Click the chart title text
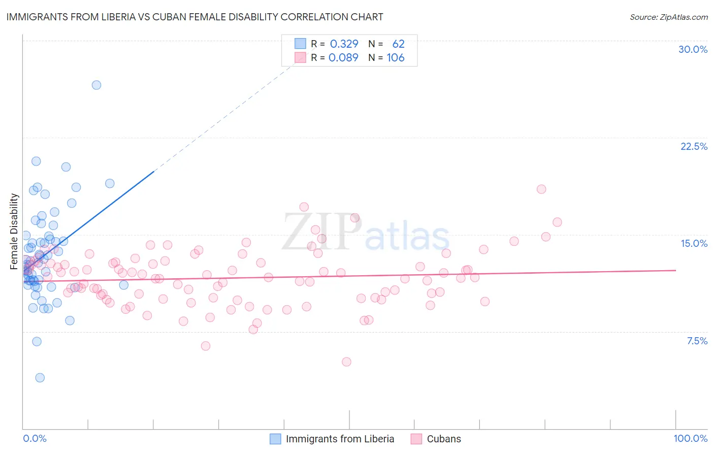point(194,17)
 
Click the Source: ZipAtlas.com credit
point(668,17)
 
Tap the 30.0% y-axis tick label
point(693,49)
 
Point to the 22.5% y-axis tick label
point(694,146)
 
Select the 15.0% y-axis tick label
point(694,243)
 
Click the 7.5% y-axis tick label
point(697,341)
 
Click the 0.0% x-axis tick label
point(35,438)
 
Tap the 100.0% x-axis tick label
point(690,438)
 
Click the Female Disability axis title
point(14,231)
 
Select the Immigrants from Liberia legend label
point(340,439)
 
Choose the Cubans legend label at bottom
point(444,439)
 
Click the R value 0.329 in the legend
point(344,44)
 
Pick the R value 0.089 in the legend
point(343,57)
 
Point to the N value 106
point(396,57)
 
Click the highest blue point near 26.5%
point(96,85)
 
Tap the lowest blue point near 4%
point(40,377)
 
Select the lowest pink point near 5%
point(346,362)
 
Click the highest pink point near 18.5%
point(541,189)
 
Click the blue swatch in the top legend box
point(301,44)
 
